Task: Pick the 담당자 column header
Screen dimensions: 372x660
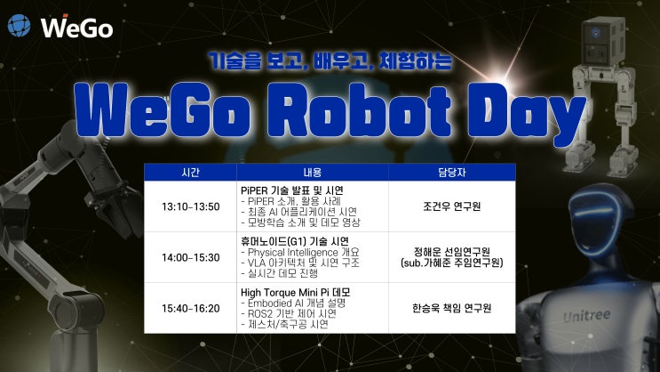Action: (x=452, y=172)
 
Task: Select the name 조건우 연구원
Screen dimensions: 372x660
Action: (x=452, y=206)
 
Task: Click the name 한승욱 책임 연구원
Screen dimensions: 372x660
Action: (x=452, y=308)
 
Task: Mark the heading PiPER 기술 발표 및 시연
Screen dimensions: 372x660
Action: (x=292, y=190)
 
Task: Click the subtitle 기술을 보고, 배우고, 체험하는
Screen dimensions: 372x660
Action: (x=330, y=62)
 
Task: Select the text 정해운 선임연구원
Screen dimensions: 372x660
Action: (x=452, y=251)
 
